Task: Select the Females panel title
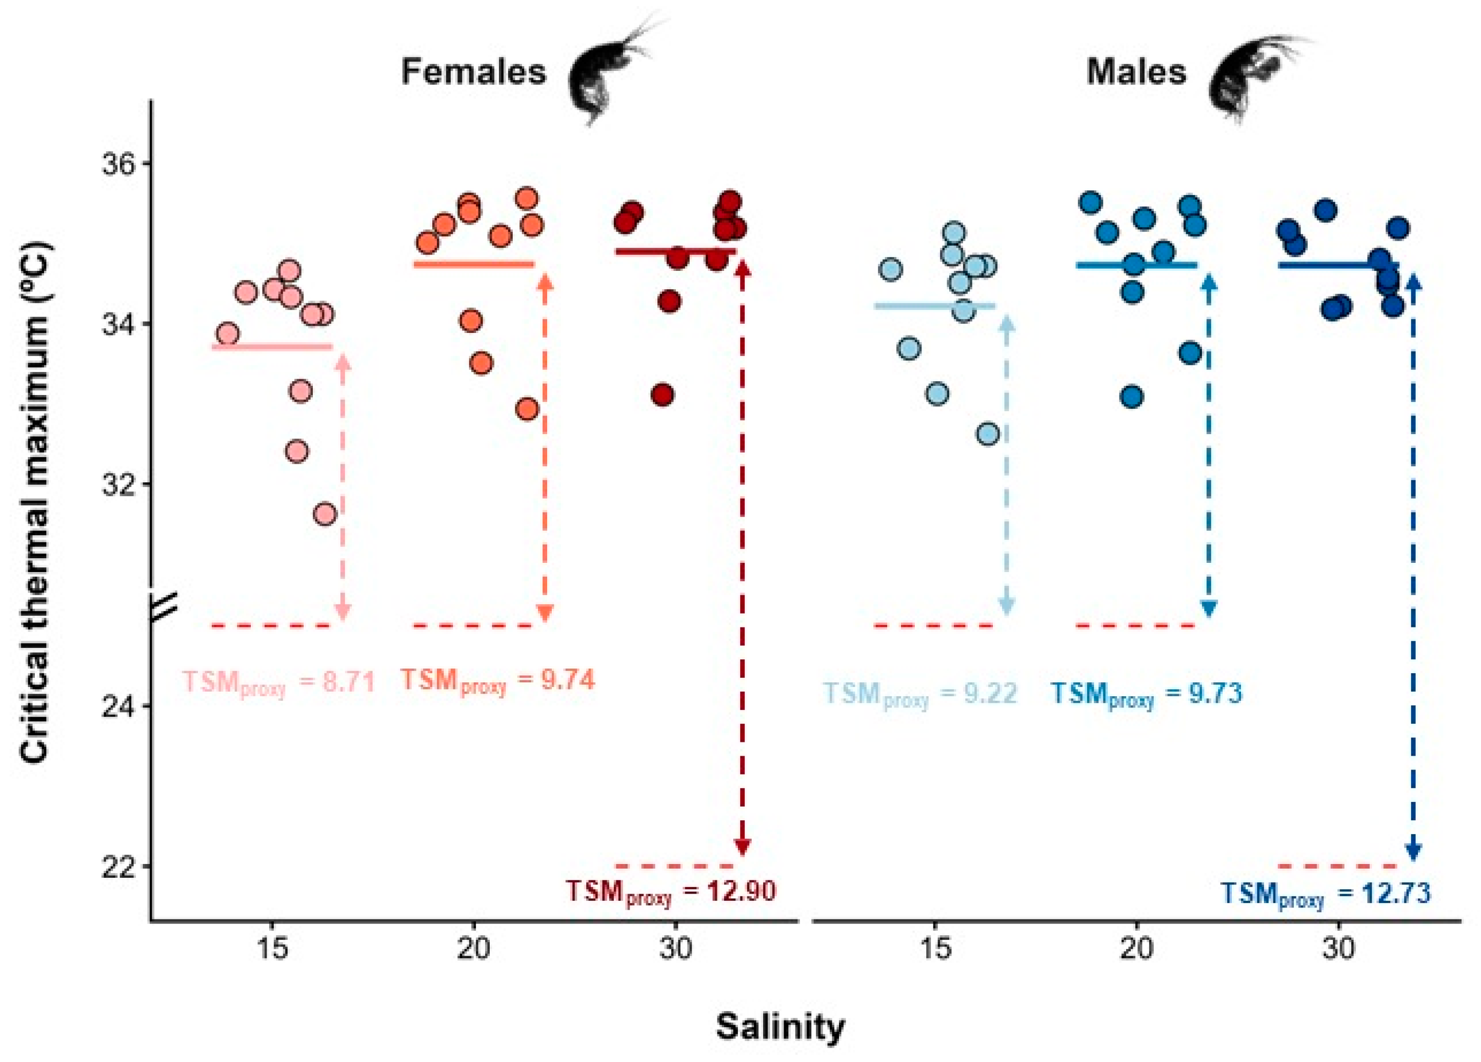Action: pyautogui.click(x=473, y=72)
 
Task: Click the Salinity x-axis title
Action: pyautogui.click(x=780, y=1028)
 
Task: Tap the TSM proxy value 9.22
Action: pyautogui.click(x=919, y=694)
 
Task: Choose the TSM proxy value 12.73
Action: pyautogui.click(x=1326, y=894)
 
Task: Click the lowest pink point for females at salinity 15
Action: pyautogui.click(x=325, y=515)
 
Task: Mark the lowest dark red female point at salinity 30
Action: pyautogui.click(x=662, y=395)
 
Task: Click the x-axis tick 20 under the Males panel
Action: pyautogui.click(x=1137, y=948)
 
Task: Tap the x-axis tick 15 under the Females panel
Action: pyautogui.click(x=272, y=948)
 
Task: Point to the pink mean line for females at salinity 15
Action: pyautogui.click(x=272, y=347)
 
